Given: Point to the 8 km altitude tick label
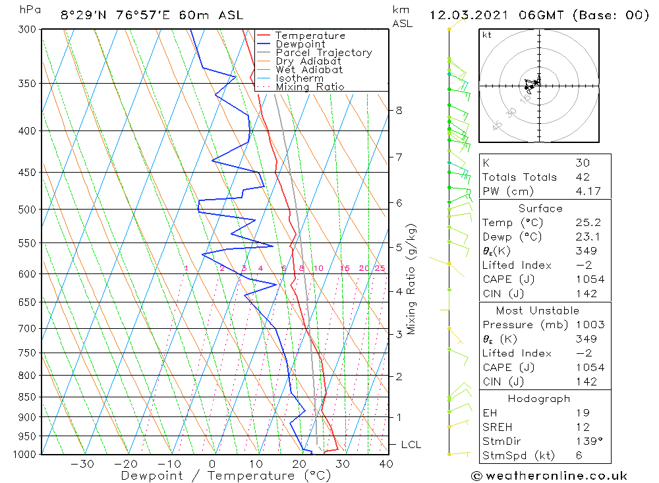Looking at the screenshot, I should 399,110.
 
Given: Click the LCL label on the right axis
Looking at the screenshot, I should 411,445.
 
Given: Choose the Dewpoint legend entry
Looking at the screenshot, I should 301,44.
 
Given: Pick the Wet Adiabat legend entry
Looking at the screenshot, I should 309,70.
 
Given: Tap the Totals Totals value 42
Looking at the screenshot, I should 583,177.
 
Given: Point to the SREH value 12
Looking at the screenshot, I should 583,427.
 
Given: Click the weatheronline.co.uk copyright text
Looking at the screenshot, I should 549,475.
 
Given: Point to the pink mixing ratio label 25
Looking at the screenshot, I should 380,268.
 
